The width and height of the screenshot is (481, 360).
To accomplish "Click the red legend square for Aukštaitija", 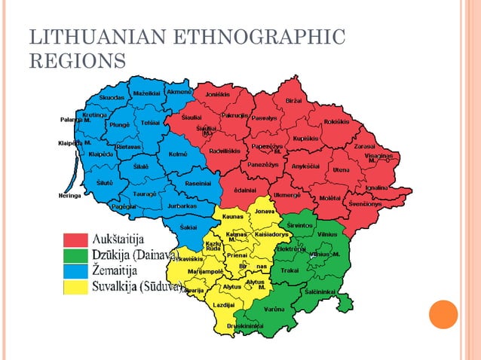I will [75, 239].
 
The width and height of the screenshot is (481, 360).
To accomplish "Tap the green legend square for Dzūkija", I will [75, 255].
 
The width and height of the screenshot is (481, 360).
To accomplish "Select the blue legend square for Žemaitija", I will [75, 271].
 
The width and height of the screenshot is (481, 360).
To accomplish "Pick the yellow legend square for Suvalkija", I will [75, 286].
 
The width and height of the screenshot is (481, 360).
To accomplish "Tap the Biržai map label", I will [294, 100].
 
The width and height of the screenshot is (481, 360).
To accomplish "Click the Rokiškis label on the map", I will [335, 121].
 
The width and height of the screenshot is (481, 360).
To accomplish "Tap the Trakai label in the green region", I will [290, 270].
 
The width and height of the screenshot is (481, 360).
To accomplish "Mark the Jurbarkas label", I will [182, 205].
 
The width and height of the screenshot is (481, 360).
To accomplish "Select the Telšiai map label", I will [151, 122].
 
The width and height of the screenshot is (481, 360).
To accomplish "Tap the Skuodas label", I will [112, 98].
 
